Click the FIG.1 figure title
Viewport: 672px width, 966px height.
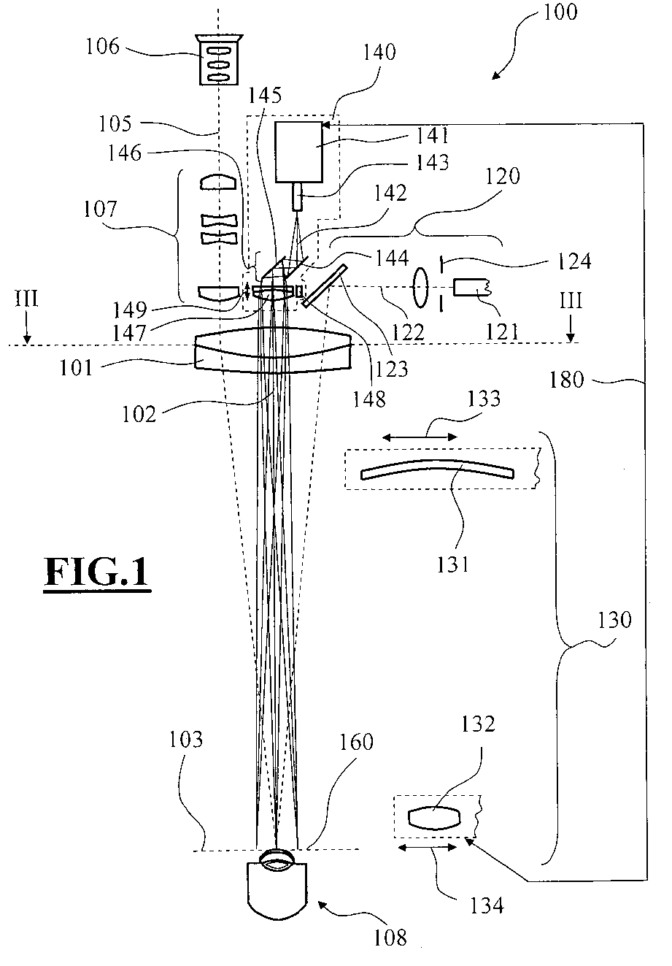(97, 572)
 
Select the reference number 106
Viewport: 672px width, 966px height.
(103, 46)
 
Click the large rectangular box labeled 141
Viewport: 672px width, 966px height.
(298, 152)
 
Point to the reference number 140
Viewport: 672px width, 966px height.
(379, 52)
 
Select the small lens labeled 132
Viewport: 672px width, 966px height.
(434, 818)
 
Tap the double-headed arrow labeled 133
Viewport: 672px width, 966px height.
(420, 437)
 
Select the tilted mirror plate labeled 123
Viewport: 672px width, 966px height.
(325, 286)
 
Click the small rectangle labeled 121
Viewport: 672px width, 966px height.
(471, 287)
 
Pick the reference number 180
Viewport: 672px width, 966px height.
(566, 380)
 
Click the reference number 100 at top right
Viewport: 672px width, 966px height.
(560, 12)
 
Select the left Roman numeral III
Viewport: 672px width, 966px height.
(27, 299)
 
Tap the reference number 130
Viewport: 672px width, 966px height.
(614, 620)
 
